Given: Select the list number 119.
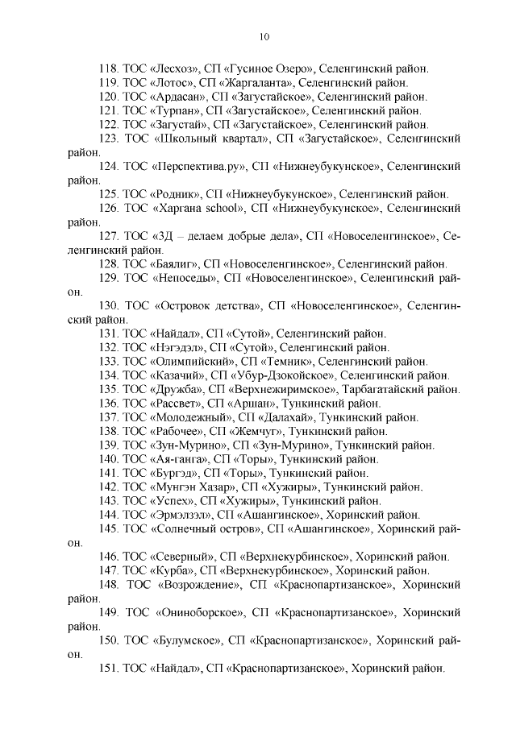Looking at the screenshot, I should point(108,82).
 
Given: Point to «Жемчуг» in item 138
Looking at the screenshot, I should point(260,431).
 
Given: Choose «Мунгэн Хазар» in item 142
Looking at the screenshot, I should point(190,487).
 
